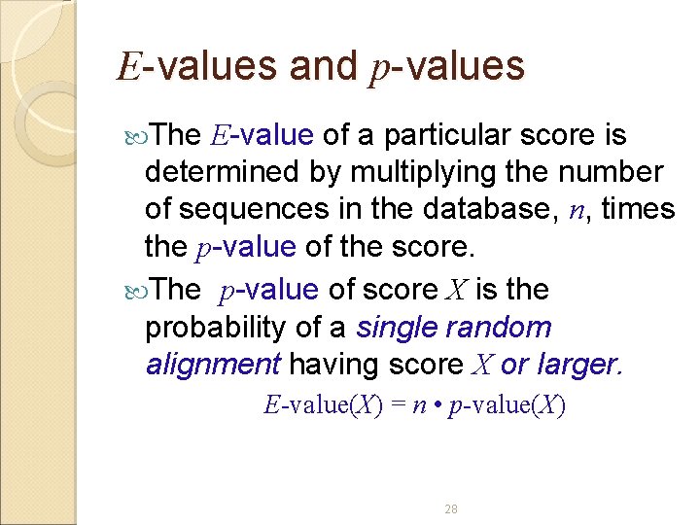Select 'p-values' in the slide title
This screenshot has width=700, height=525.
(x=447, y=66)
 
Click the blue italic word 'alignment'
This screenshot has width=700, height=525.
(x=213, y=365)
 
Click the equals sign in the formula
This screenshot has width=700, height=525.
(x=399, y=405)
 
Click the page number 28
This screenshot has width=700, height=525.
(x=450, y=509)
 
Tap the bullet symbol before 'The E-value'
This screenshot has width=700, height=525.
(x=135, y=135)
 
